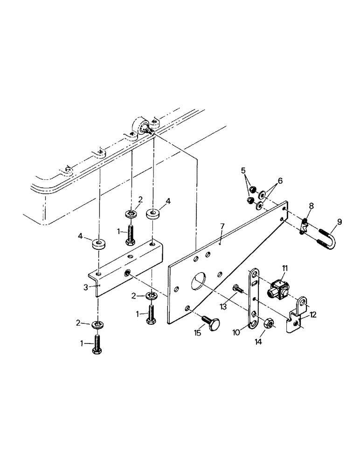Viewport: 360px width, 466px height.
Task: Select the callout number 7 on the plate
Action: pos(222,227)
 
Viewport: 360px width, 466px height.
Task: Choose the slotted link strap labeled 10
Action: pos(252,298)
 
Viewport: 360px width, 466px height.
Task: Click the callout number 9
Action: pos(339,222)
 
